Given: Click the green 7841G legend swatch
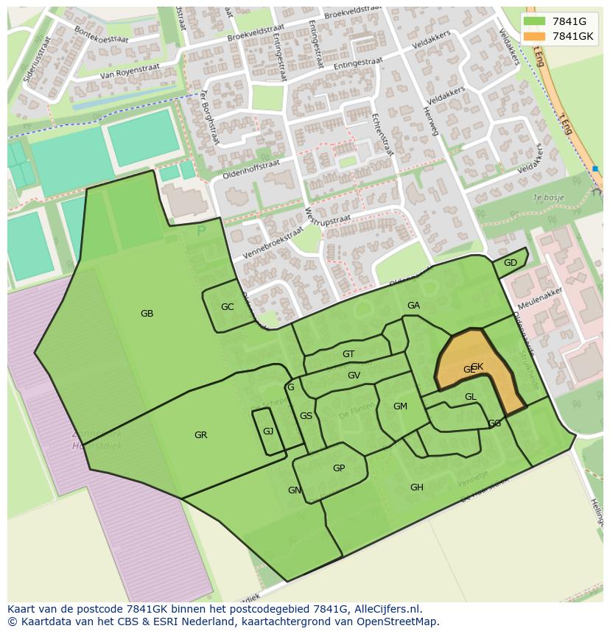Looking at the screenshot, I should (x=535, y=21).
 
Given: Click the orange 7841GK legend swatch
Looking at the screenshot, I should (x=535, y=36).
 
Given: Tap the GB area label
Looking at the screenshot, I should (x=147, y=314).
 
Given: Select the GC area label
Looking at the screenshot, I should (x=227, y=307).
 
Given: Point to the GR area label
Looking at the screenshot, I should (x=200, y=435).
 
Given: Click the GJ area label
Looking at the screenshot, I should (x=268, y=432).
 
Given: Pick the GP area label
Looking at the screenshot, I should (x=339, y=468).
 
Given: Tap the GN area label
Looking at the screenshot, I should (x=294, y=490).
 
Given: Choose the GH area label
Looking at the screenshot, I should (x=417, y=487).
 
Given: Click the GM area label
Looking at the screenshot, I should (x=400, y=406).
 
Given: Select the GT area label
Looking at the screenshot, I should (x=348, y=354).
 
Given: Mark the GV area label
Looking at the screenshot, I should (x=354, y=376).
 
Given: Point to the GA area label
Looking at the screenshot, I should (x=413, y=306).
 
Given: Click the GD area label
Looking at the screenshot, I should (x=511, y=263).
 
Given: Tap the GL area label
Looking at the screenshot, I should (x=471, y=397).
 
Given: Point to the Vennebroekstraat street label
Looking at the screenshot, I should (x=272, y=242).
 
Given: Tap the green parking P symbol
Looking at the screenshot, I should (x=202, y=231).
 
